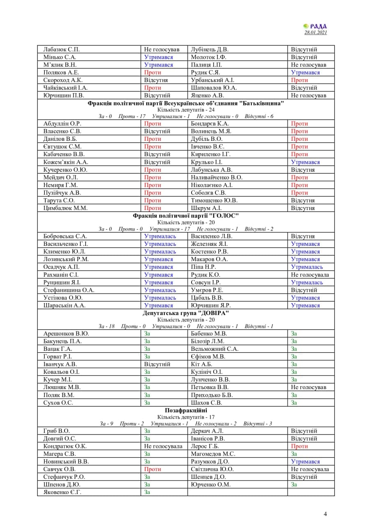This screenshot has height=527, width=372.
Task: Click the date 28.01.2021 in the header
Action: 316,33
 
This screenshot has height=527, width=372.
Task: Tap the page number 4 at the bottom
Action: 325,513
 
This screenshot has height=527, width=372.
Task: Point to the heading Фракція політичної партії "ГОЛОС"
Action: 186,216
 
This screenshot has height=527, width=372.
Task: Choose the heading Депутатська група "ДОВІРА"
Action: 186,313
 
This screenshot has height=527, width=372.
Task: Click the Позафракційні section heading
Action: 186,410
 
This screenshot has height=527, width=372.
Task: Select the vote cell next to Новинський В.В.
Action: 147,462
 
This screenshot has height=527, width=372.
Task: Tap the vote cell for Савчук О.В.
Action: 152,469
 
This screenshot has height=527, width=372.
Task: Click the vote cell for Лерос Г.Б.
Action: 299,446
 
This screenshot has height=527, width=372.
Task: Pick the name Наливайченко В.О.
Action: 217,177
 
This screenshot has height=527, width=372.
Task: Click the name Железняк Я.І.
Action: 208,244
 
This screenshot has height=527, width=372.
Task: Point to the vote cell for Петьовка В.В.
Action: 308,387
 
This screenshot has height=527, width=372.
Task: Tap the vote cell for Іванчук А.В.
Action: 157,364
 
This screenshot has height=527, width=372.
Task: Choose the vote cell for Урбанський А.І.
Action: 299,80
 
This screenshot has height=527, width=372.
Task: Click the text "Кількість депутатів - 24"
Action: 186,110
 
